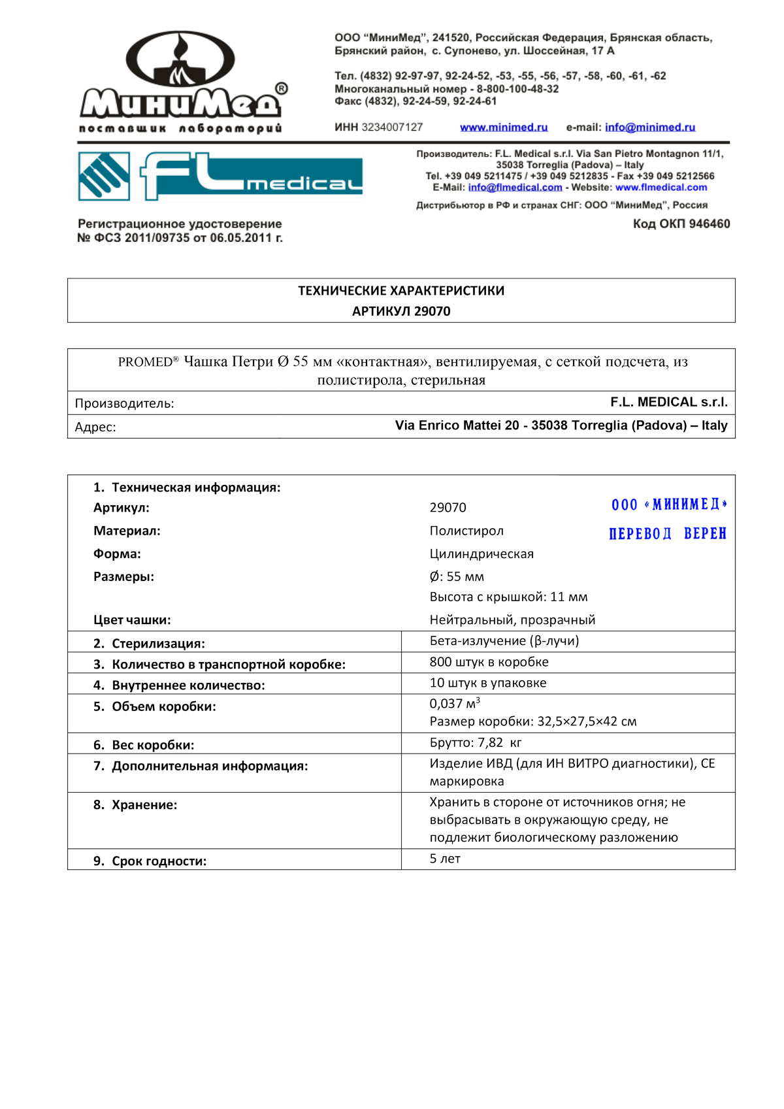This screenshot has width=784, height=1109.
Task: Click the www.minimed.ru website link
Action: [x=503, y=127]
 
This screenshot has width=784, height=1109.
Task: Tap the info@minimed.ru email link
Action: [x=649, y=127]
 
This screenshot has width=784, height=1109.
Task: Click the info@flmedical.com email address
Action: [x=515, y=188]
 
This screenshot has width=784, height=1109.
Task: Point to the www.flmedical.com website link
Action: [x=661, y=188]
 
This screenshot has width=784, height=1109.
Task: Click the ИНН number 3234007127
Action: [x=392, y=127]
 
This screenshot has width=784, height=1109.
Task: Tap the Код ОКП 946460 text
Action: [x=681, y=224]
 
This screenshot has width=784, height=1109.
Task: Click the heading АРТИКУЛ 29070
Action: [x=401, y=311]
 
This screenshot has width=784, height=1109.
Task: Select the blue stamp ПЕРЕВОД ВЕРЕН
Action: [x=667, y=534]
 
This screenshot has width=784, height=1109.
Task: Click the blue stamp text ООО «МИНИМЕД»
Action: [x=669, y=505]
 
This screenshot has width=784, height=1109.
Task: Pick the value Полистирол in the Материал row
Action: [x=466, y=531]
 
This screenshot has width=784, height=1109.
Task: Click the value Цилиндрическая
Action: [x=482, y=554]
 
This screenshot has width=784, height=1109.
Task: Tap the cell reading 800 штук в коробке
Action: [x=489, y=662]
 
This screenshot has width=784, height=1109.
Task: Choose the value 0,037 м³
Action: [x=455, y=704]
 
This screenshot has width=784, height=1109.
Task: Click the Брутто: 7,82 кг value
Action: [x=475, y=743]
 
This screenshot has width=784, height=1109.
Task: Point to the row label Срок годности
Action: [x=159, y=861]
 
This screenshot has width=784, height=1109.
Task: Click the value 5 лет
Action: [x=445, y=859]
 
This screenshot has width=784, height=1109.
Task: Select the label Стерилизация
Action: [x=158, y=644]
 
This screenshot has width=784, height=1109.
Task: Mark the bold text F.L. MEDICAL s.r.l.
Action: [x=668, y=402]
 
